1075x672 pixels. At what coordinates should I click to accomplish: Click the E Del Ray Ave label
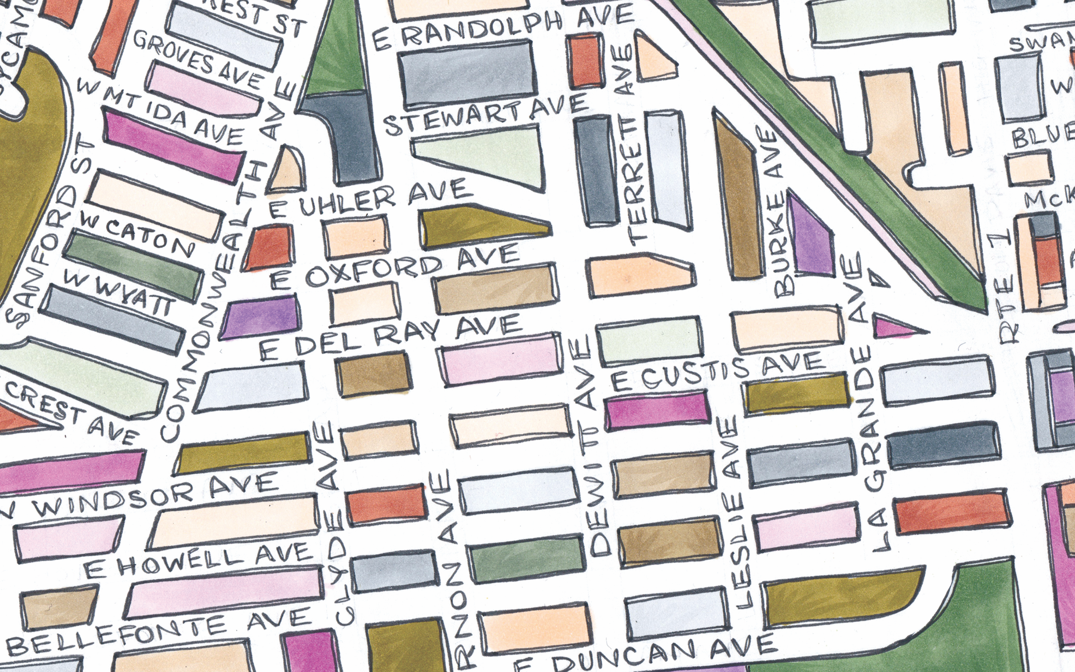coord(391,338)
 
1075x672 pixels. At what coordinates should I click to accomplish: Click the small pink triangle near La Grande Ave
coord(893,327)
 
